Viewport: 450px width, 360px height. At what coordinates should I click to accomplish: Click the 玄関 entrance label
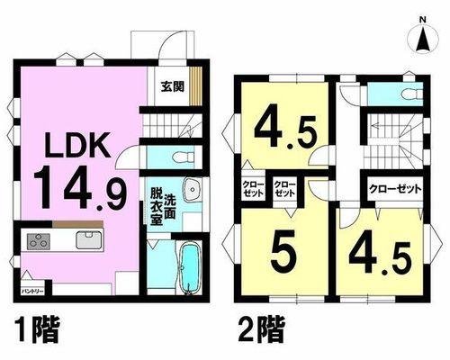(x=172, y=86)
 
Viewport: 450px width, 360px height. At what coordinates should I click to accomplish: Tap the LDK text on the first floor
(x=77, y=147)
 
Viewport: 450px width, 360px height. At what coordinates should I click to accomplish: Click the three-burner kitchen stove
(x=39, y=241)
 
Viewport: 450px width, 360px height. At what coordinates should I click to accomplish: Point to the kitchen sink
(x=88, y=239)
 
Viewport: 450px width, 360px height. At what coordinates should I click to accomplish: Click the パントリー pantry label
(x=32, y=292)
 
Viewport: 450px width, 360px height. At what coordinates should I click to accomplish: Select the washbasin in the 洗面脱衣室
(x=192, y=190)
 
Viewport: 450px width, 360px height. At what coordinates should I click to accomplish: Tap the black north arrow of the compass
(x=423, y=39)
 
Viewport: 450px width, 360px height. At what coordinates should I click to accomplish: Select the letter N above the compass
(x=423, y=20)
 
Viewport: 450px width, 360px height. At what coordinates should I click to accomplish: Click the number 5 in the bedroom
(x=283, y=251)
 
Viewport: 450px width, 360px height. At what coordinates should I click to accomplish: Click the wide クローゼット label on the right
(x=395, y=189)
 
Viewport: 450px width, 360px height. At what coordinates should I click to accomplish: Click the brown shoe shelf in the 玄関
(x=195, y=86)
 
